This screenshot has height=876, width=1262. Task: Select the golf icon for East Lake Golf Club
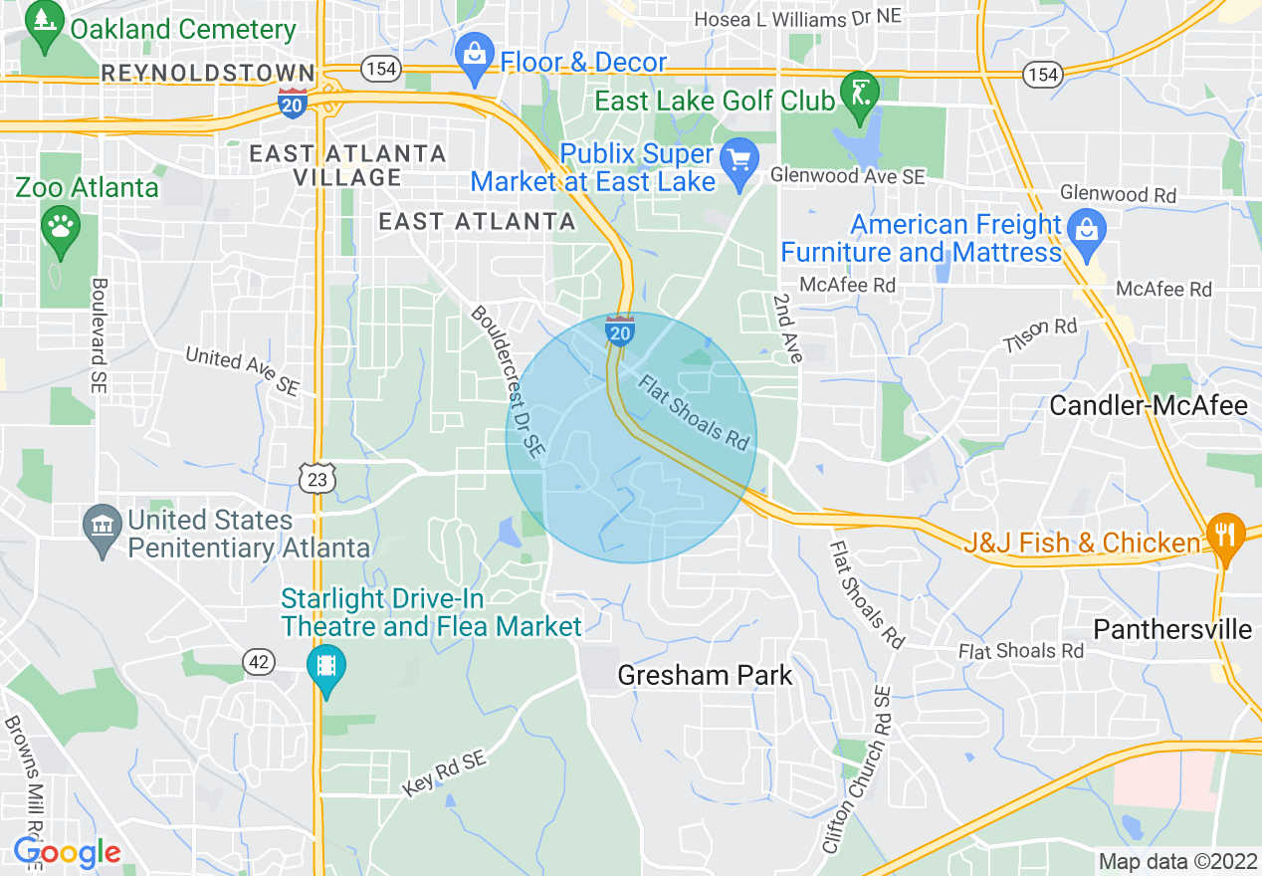(859, 93)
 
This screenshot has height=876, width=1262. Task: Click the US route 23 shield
(316, 480)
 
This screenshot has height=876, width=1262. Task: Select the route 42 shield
(258, 661)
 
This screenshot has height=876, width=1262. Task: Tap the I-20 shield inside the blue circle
(619, 330)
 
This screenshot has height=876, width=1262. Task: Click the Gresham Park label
(705, 676)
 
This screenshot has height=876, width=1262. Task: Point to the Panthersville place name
(1171, 629)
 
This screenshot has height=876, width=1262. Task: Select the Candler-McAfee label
(1150, 405)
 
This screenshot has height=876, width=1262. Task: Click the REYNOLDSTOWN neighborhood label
(207, 73)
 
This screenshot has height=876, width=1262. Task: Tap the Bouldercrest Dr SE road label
(508, 382)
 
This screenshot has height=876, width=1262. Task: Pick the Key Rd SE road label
(445, 773)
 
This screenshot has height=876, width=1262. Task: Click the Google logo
(67, 853)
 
